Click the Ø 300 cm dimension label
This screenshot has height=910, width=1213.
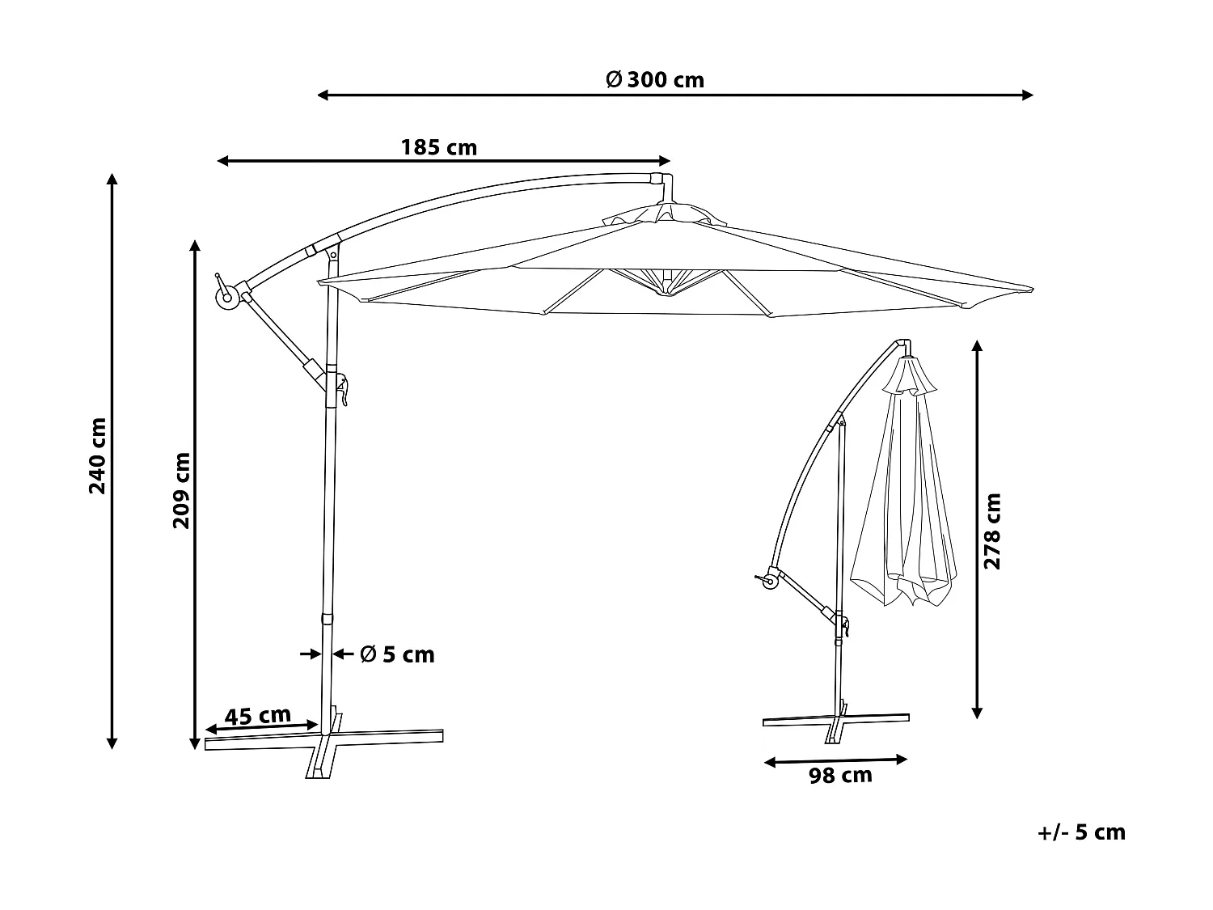pyautogui.click(x=655, y=80)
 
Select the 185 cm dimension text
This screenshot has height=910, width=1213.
pyautogui.click(x=439, y=148)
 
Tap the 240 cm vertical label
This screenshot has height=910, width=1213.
pyautogui.click(x=97, y=456)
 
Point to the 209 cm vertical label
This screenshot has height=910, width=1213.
pyautogui.click(x=181, y=490)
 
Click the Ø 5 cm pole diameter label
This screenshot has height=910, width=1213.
pyautogui.click(x=397, y=654)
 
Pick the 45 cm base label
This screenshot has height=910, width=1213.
pyautogui.click(x=257, y=716)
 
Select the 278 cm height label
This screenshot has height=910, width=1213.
pyautogui.click(x=992, y=531)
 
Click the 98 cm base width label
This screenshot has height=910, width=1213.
pyautogui.click(x=840, y=776)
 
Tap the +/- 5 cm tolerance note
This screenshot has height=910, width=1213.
pyautogui.click(x=1081, y=832)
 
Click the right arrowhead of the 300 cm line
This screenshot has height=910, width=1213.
pyautogui.click(x=1029, y=95)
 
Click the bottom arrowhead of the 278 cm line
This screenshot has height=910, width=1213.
pyautogui.click(x=977, y=713)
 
